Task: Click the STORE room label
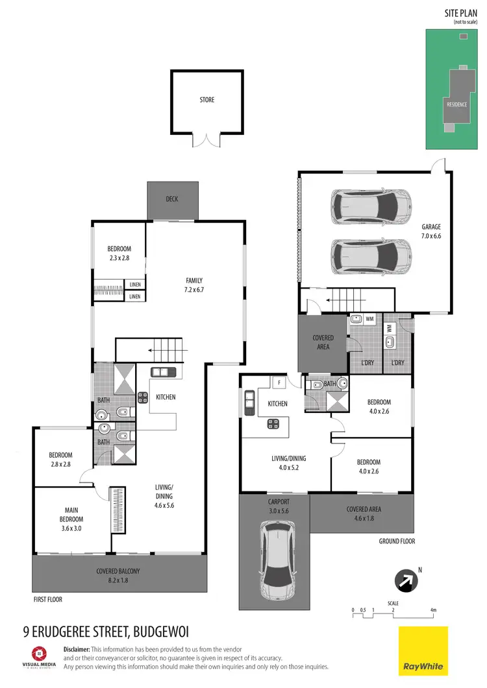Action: click(x=207, y=100)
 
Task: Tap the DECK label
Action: click(x=172, y=199)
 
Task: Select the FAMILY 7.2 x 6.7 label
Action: click(x=194, y=285)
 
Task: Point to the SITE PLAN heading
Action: click(x=457, y=13)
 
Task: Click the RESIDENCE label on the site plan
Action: click(x=456, y=104)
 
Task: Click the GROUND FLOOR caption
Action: click(x=397, y=541)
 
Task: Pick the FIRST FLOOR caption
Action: click(x=47, y=600)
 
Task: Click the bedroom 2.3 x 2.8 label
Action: click(x=119, y=253)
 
